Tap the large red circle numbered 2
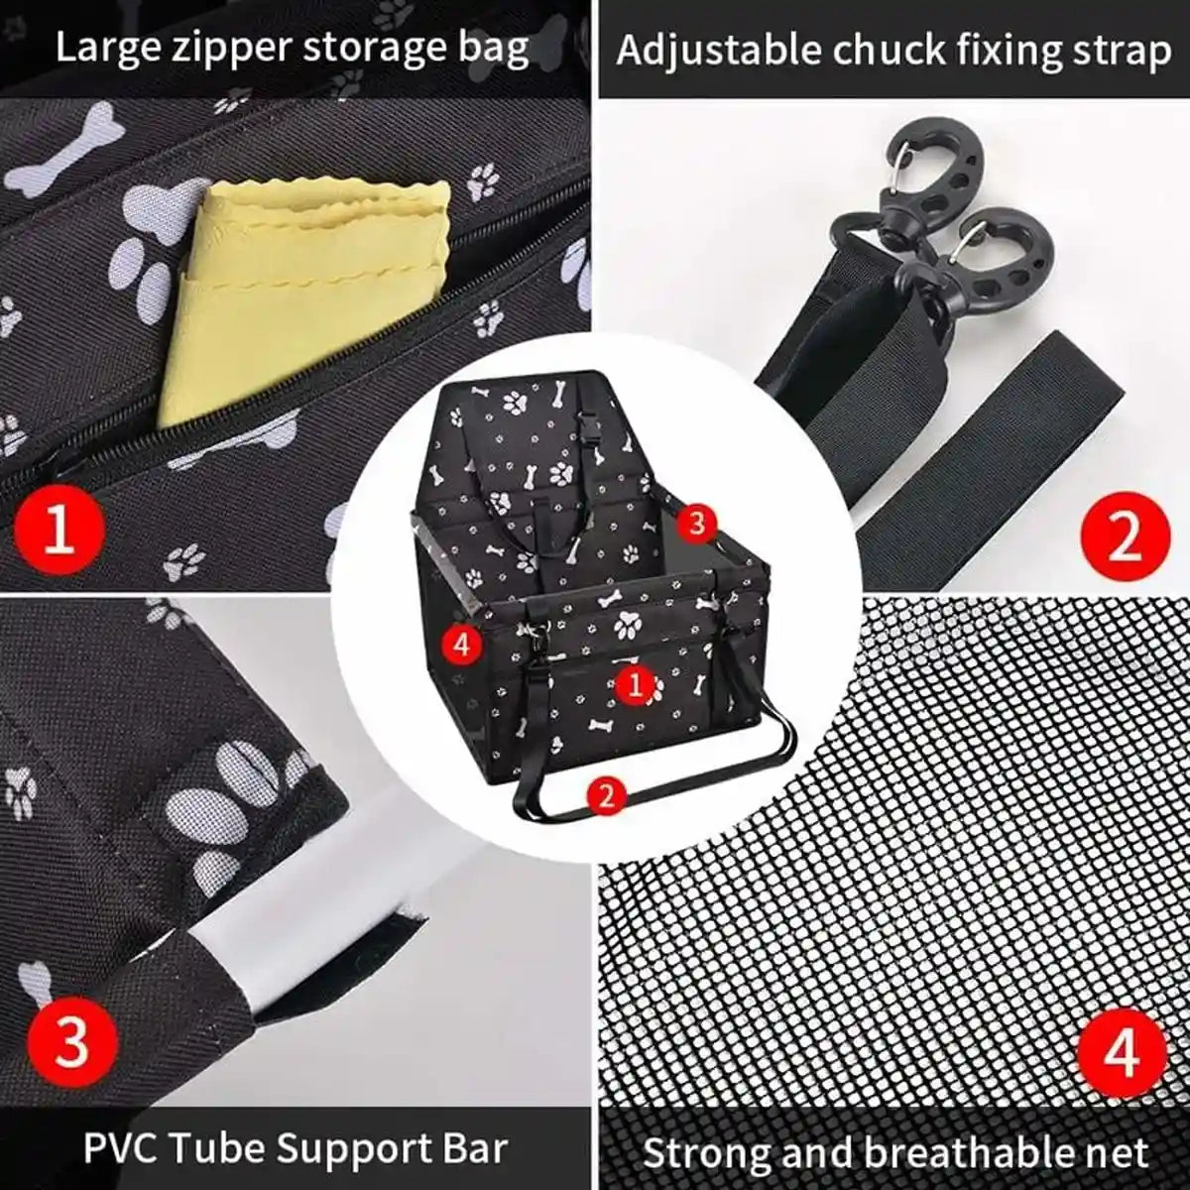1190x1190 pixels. (1125, 539)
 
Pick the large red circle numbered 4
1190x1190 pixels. (1122, 1055)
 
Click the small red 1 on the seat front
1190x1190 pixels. (636, 683)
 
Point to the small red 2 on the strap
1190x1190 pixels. (607, 792)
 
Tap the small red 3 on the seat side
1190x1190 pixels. (697, 523)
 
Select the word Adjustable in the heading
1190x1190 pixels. (719, 51)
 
